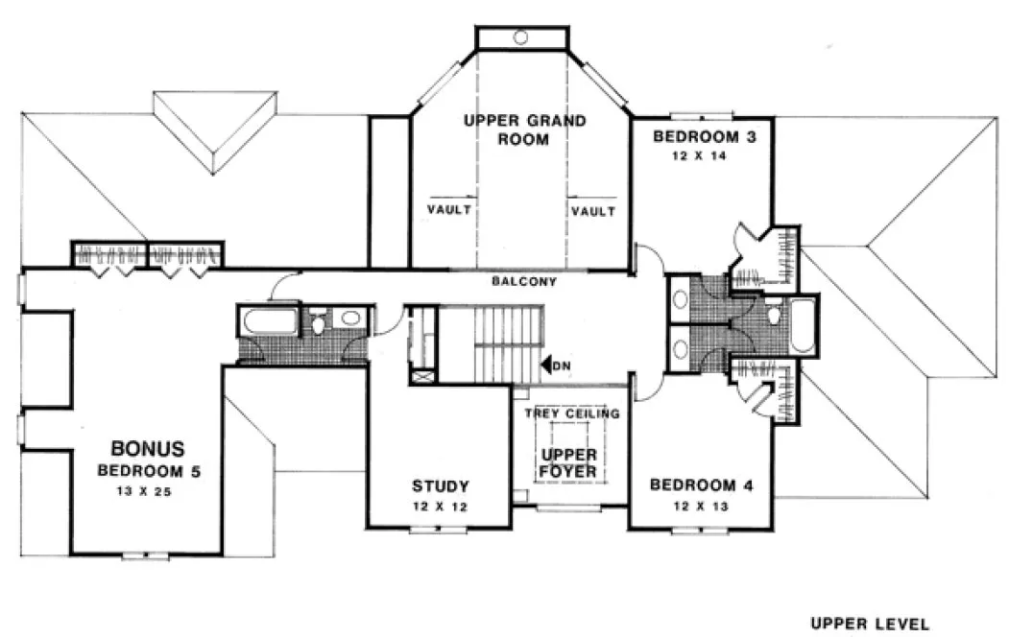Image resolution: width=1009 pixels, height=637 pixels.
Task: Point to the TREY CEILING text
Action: (x=571, y=413)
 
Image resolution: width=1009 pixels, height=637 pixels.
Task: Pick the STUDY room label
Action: (x=440, y=485)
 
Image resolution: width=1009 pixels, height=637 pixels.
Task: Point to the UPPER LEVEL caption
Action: (x=870, y=623)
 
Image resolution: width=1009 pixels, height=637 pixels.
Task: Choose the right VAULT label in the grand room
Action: (x=591, y=210)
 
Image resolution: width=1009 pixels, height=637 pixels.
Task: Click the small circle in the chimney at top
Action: (x=520, y=37)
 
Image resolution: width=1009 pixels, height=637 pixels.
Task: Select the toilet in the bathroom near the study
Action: (x=318, y=324)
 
